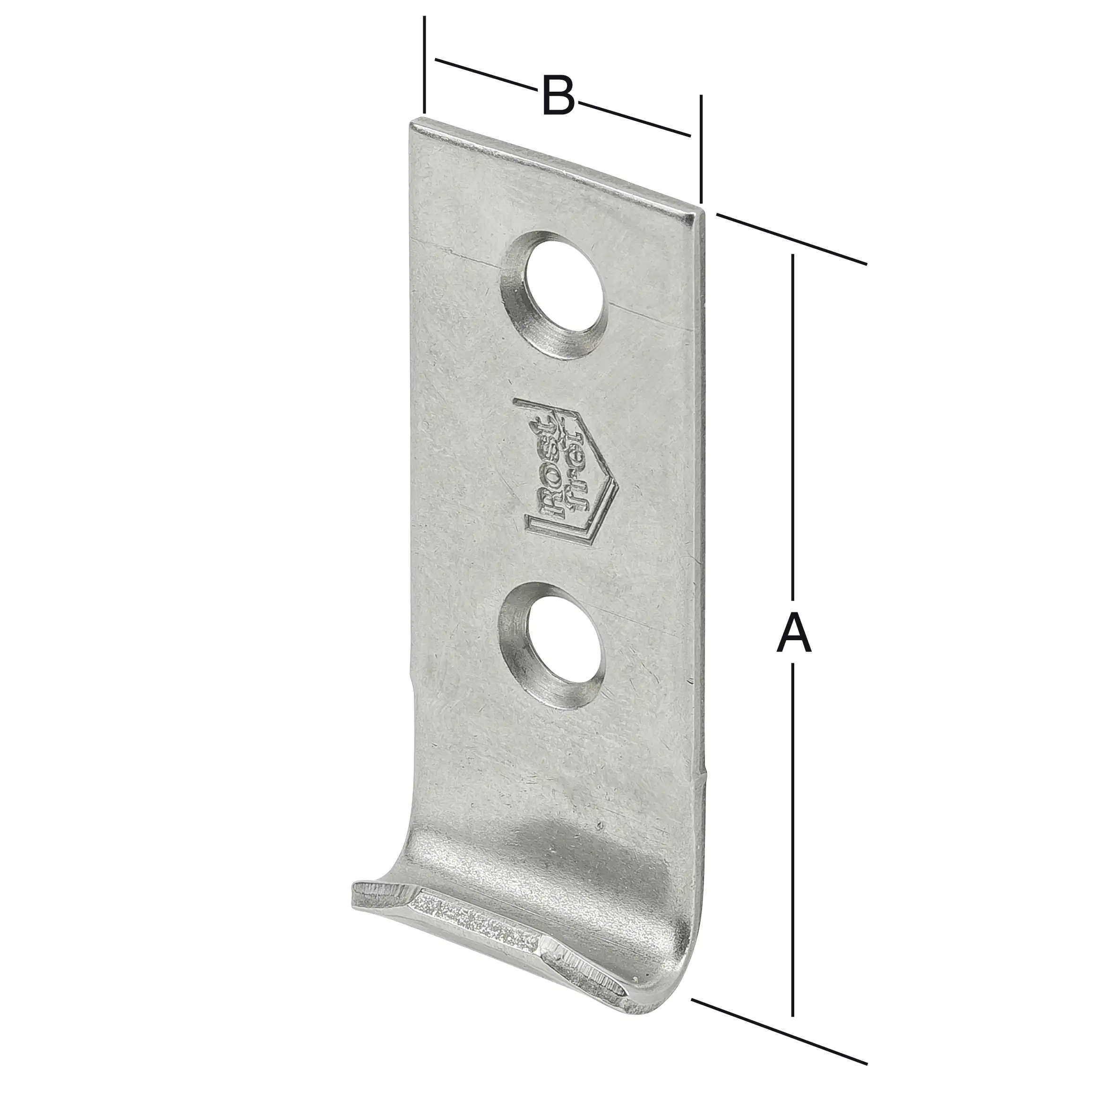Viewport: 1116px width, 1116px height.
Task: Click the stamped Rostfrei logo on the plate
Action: (x=569, y=467)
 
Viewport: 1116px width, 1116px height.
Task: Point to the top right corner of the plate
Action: (x=700, y=213)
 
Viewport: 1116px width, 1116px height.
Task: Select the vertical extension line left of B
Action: (x=425, y=63)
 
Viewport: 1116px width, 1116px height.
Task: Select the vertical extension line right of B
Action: (x=701, y=150)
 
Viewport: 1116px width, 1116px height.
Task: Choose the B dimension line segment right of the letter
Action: (x=635, y=119)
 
